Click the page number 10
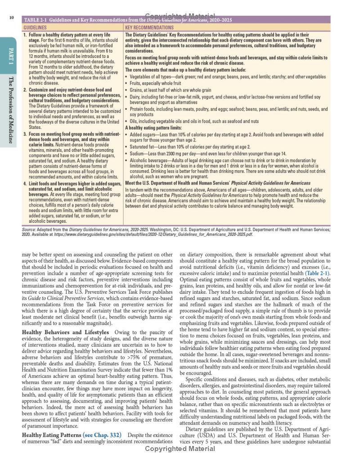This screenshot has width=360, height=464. pyautogui.click(x=11, y=18)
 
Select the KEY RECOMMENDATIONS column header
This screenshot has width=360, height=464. pyautogui.click(x=148, y=27)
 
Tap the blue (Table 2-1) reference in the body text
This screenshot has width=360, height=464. pyautogui.click(x=318, y=273)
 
